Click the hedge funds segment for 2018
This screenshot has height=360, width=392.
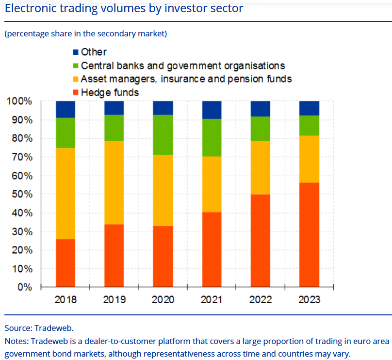pyautogui.click(x=65, y=262)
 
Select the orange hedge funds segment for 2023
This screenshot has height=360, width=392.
pyautogui.click(x=309, y=234)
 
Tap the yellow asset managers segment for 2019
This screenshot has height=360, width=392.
pyautogui.click(x=114, y=182)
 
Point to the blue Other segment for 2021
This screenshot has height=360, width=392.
pyautogui.click(x=212, y=110)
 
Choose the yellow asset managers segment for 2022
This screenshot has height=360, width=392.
pyautogui.click(x=260, y=167)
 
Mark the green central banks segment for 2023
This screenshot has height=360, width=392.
pyautogui.click(x=309, y=125)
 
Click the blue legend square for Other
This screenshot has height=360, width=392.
pyautogui.click(x=75, y=52)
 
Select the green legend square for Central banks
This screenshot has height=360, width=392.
pyautogui.click(x=75, y=65)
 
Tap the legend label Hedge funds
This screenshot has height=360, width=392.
pyautogui.click(x=110, y=92)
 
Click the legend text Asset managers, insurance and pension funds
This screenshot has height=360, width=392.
pyautogui.click(x=186, y=79)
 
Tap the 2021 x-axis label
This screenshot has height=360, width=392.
pyautogui.click(x=212, y=300)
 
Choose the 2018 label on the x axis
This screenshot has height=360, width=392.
pyautogui.click(x=65, y=300)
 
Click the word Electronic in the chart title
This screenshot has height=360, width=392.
pyautogui.click(x=29, y=8)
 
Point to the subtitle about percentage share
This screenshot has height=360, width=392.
pyautogui.click(x=86, y=33)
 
